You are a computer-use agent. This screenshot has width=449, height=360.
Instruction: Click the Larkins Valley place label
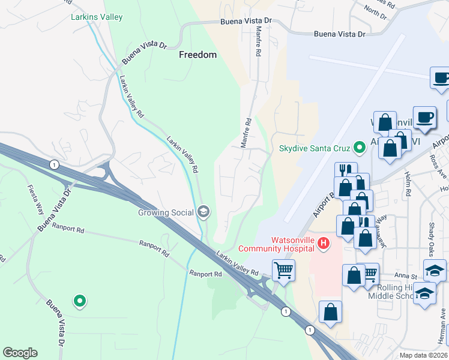[97, 17]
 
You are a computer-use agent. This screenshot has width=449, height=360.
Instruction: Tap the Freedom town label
[197, 55]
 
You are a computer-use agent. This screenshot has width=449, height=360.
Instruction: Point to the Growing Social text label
[165, 212]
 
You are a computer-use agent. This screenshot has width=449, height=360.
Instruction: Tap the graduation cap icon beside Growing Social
[204, 211]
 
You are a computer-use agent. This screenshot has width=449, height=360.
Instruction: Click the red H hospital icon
[324, 243]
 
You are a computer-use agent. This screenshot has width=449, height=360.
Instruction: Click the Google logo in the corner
[20, 353]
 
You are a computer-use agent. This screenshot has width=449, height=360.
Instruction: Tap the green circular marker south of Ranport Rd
[79, 301]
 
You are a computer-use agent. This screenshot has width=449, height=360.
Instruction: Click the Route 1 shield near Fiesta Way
[55, 164]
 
